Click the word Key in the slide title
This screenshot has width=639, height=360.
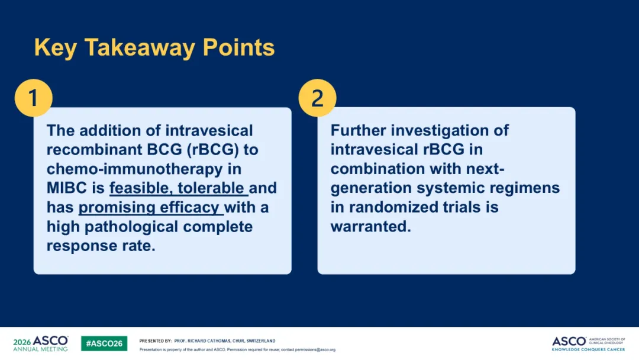pyautogui.click(x=56, y=48)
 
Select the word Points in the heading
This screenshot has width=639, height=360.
pyautogui.click(x=239, y=47)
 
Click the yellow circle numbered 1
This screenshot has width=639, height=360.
pyautogui.click(x=33, y=98)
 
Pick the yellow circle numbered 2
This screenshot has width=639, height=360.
pyautogui.click(x=318, y=98)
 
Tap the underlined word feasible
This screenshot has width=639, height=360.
pyautogui.click(x=141, y=188)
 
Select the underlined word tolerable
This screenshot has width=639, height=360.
pyautogui.click(x=211, y=188)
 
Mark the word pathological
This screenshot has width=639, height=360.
pyautogui.click(x=131, y=227)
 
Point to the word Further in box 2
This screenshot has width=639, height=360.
pyautogui.click(x=358, y=130)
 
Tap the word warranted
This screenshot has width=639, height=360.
pyautogui.click(x=370, y=227)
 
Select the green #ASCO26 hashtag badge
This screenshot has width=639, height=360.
pyautogui.click(x=104, y=343)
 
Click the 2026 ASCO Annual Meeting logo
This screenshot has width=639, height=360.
pyautogui.click(x=40, y=343)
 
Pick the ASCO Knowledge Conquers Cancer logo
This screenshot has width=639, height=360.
pyautogui.click(x=589, y=343)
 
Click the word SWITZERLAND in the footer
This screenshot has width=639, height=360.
pyautogui.click(x=261, y=341)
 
